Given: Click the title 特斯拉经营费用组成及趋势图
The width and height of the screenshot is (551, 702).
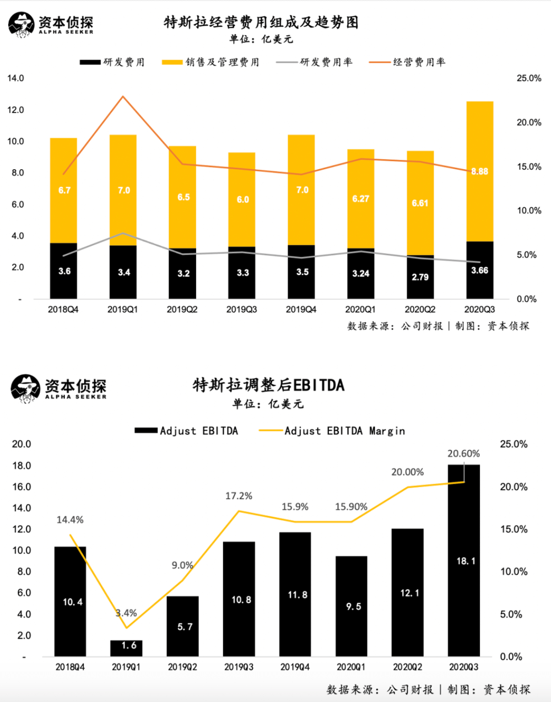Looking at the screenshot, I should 261,22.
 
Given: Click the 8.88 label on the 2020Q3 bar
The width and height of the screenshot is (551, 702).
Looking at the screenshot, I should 479,171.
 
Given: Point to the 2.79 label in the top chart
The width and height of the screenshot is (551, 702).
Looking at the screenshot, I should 420,277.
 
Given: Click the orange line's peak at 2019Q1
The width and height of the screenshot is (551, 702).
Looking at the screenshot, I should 123,97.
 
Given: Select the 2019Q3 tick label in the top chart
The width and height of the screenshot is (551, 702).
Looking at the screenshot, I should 241,310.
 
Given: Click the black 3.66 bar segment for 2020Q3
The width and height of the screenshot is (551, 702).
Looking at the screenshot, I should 479,270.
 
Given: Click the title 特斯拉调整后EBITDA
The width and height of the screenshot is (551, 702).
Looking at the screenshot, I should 269,385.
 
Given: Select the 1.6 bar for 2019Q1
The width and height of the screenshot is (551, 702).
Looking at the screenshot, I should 126,647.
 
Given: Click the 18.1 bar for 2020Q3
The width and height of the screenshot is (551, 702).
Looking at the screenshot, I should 464,561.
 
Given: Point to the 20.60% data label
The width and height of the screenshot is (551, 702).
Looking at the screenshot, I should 463,453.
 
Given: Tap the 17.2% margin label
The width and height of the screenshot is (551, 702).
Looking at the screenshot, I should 239,496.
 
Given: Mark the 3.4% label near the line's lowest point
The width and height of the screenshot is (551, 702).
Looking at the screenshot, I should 126,613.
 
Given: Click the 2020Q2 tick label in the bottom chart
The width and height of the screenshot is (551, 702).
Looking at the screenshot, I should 407,667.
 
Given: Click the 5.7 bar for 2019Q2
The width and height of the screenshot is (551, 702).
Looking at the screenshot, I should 182,627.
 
